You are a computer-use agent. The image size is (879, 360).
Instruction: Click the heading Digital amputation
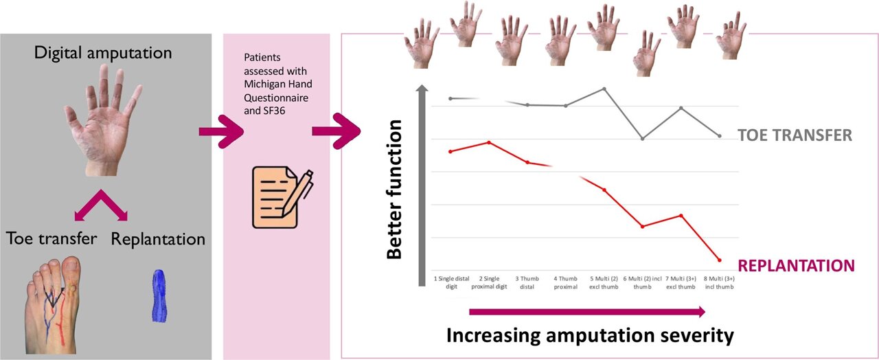[104, 52]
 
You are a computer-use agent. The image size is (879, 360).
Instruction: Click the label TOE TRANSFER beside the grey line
[795, 135]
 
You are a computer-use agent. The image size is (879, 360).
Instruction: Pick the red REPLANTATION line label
[796, 265]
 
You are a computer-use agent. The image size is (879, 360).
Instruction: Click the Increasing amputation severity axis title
[590, 336]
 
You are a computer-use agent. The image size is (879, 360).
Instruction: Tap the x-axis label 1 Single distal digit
[451, 282]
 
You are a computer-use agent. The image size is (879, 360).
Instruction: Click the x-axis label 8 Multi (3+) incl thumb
[719, 282]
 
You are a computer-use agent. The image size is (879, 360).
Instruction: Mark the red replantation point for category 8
[719, 260]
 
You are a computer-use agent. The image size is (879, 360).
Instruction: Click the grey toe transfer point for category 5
[604, 89]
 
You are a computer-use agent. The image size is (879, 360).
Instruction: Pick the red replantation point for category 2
[488, 142]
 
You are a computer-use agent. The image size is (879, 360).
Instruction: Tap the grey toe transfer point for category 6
[642, 139]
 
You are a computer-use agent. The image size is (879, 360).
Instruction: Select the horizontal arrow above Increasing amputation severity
[587, 313]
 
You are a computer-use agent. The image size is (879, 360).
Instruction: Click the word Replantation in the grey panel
[158, 239]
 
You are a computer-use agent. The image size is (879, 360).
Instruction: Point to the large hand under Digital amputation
[103, 120]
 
